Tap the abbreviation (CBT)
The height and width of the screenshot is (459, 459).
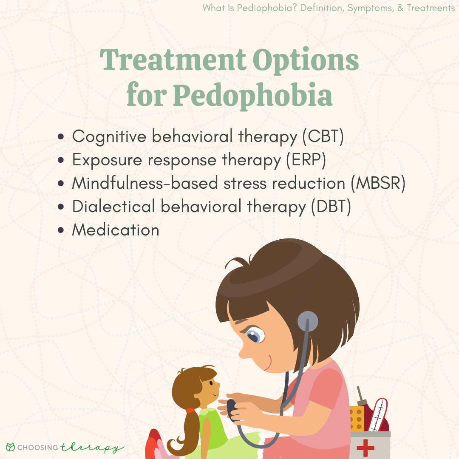click(x=323, y=137)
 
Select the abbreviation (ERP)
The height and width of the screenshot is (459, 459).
click(x=306, y=160)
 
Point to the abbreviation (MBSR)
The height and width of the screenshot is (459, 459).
click(x=378, y=183)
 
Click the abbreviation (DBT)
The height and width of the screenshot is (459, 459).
click(x=331, y=207)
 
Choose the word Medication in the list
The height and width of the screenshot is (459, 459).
click(x=116, y=230)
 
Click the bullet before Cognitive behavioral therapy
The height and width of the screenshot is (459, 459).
click(x=61, y=137)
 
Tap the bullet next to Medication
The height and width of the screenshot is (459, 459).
click(x=61, y=230)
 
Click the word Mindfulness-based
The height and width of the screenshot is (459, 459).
click(x=145, y=183)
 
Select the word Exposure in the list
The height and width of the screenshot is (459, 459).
click(x=107, y=160)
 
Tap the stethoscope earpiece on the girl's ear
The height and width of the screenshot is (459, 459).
click(x=307, y=321)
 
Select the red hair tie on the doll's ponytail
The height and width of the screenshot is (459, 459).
click(x=190, y=411)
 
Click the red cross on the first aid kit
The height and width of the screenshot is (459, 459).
click(x=365, y=447)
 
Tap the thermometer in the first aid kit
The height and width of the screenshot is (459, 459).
click(x=378, y=415)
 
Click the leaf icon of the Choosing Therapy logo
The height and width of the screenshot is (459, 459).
click(x=10, y=447)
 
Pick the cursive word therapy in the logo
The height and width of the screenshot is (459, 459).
click(x=92, y=448)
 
